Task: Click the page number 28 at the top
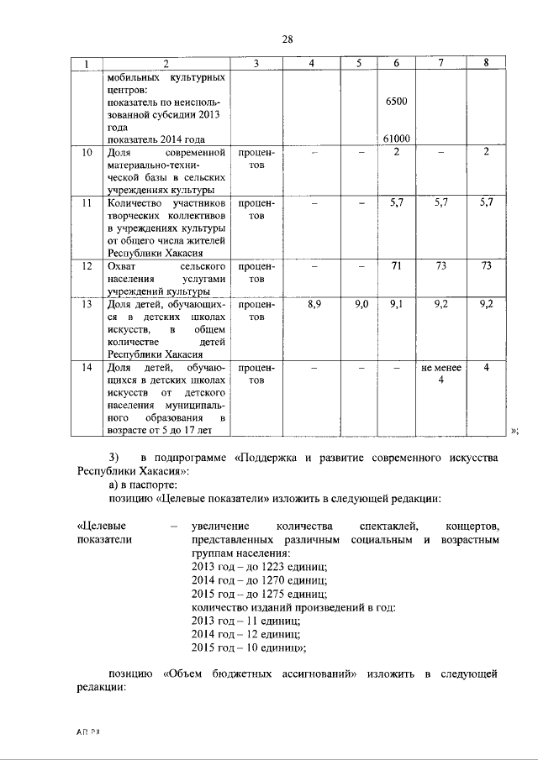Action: [287, 39]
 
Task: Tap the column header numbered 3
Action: [256, 64]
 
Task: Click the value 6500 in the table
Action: [396, 102]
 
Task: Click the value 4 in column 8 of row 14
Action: [486, 368]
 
